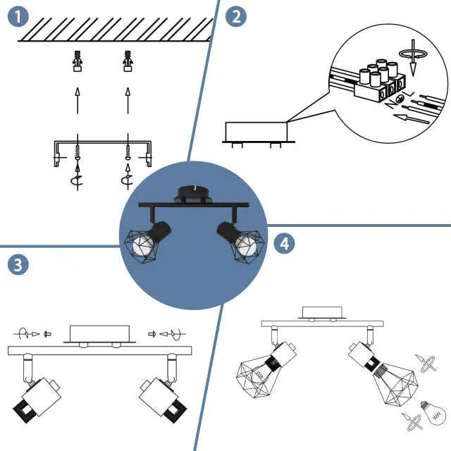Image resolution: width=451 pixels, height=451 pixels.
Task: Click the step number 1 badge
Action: pos(18,17)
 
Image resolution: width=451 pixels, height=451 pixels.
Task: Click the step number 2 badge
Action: pos(235,17)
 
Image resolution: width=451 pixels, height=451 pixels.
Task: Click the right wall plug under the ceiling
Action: pos(128,62)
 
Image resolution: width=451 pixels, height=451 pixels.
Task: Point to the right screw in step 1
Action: pos(128,152)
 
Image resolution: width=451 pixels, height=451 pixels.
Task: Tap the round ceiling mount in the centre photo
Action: pos(192,193)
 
